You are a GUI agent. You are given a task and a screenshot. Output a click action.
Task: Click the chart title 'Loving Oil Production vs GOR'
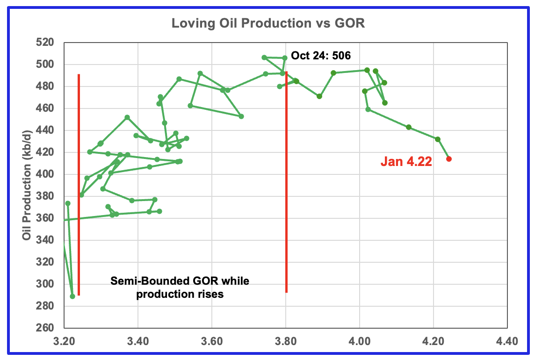[267, 23]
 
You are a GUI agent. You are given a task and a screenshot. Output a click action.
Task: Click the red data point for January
[449, 159]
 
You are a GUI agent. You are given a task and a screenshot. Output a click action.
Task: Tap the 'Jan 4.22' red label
[406, 162]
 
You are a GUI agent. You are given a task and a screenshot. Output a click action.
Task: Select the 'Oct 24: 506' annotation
[321, 56]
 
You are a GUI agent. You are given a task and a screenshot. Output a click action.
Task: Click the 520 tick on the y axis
[47, 43]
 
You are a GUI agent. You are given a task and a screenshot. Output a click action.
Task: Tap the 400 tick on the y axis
[47, 174]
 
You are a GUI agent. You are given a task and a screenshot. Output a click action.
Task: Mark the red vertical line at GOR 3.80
[286, 187]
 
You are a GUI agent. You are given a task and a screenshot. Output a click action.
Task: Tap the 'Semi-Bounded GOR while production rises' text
[180, 288]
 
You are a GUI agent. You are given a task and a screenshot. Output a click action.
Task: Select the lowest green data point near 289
[72, 296]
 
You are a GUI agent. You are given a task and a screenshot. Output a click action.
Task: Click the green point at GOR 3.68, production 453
[241, 116]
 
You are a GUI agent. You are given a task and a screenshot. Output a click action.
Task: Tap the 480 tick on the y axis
[47, 86]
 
